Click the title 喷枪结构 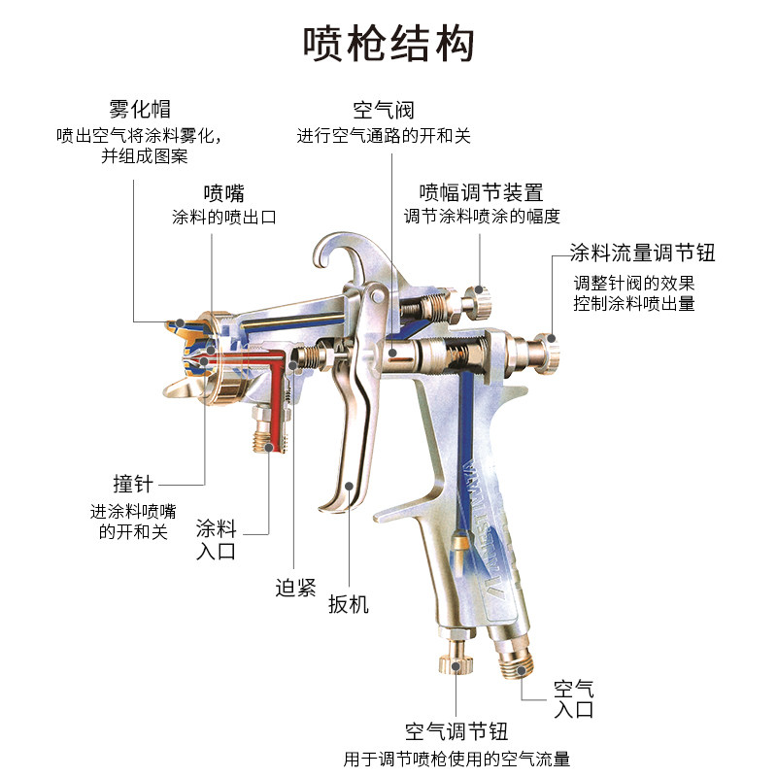tap(388, 44)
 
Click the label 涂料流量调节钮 tap(643, 253)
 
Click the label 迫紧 tap(295, 587)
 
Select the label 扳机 tap(349, 604)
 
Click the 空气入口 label tap(573, 699)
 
